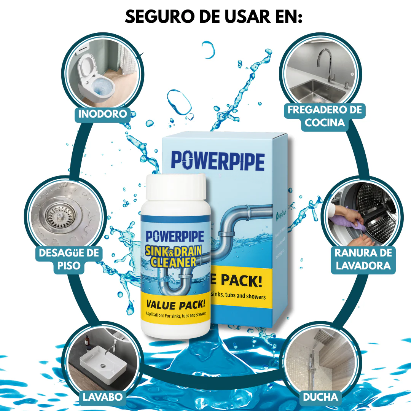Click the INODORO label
(102, 114)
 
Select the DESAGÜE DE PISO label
(68, 259)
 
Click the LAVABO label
(103, 397)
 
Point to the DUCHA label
(320, 397)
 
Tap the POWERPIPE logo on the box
(217, 161)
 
